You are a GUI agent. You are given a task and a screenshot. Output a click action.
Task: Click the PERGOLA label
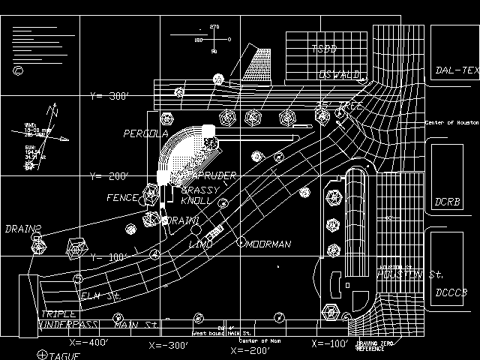point(146,134)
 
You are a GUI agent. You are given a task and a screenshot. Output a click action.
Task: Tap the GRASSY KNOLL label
point(199,196)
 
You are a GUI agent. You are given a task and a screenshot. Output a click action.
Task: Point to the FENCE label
point(123,199)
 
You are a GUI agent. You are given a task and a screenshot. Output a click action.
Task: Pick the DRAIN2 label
point(22,229)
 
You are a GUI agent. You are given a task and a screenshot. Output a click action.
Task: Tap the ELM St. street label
point(100,298)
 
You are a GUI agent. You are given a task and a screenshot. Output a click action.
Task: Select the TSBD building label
point(324,49)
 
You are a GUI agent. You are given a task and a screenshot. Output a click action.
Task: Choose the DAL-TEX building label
point(456,72)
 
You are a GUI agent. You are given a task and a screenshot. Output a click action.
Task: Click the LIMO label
point(200,244)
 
